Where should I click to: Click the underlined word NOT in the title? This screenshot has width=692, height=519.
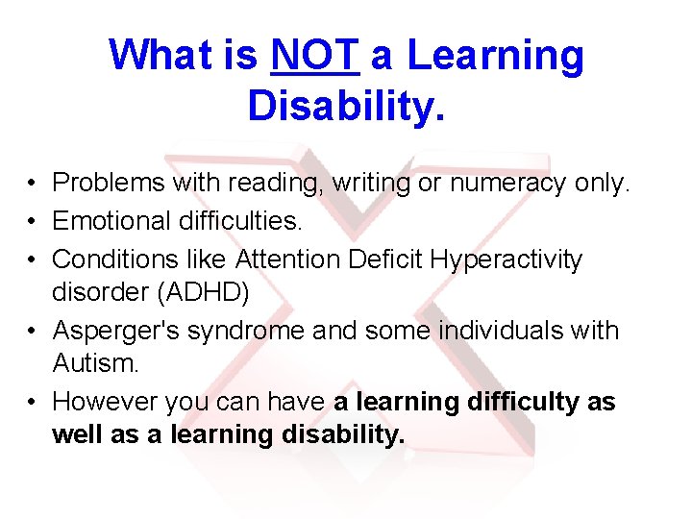click(315, 56)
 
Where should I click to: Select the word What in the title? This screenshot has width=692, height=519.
click(162, 56)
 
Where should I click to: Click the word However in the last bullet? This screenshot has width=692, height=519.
click(105, 402)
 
